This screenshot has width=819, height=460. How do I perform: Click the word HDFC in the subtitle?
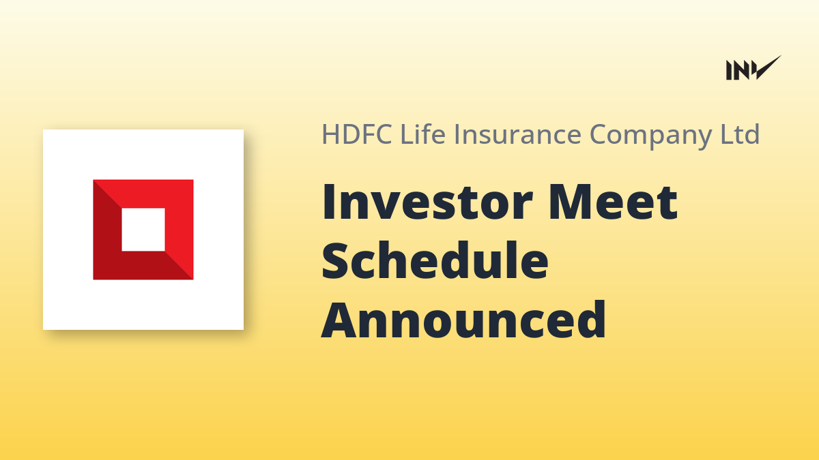357,134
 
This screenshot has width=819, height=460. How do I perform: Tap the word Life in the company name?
423,134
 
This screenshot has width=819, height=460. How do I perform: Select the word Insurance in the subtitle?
518,134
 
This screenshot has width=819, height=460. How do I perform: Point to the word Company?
651,136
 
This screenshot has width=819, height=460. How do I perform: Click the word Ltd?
740,134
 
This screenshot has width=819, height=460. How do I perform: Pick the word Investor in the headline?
427,202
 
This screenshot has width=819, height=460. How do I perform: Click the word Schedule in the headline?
435,260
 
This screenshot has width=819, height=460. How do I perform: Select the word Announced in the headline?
463,320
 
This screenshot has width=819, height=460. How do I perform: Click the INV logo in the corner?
753,68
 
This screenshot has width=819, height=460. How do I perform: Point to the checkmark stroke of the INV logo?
767,68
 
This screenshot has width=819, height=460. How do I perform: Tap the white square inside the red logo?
143,230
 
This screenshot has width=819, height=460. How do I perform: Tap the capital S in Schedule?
334,260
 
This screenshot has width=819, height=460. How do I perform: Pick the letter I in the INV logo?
729,70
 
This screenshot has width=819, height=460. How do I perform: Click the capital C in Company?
602,134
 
